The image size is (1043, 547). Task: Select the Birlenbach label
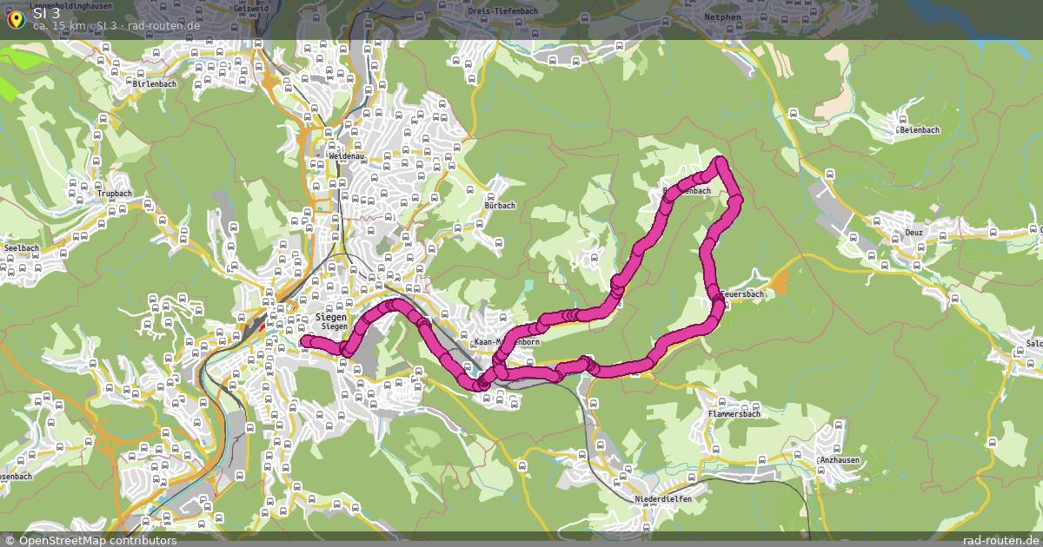(x=155, y=83)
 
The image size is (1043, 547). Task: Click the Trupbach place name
(x=115, y=193)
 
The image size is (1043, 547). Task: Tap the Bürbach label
(x=500, y=206)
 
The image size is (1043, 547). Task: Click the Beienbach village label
(x=919, y=130)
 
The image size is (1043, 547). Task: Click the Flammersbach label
(x=734, y=414)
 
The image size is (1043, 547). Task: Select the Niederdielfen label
(x=663, y=499)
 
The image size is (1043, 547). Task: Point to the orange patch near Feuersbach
(x=778, y=281)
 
